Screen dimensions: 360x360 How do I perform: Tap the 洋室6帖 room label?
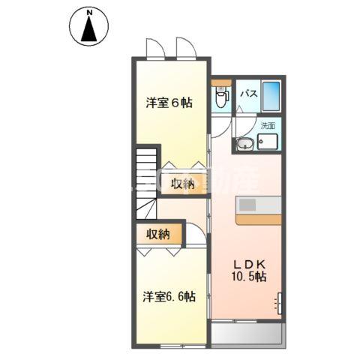coord(169,103)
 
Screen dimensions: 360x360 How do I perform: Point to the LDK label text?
coord(247,263)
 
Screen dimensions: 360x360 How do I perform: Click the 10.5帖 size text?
coord(248,277)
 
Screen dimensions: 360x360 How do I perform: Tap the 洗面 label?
coord(267,126)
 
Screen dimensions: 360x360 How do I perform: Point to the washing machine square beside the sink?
coord(268,142)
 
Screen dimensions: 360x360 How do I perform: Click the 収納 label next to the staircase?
coord(182,184)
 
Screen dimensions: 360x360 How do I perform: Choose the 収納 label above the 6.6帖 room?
coord(158,235)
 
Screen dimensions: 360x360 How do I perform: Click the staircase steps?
coord(145,180)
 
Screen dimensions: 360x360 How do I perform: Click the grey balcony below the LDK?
coord(247,334)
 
